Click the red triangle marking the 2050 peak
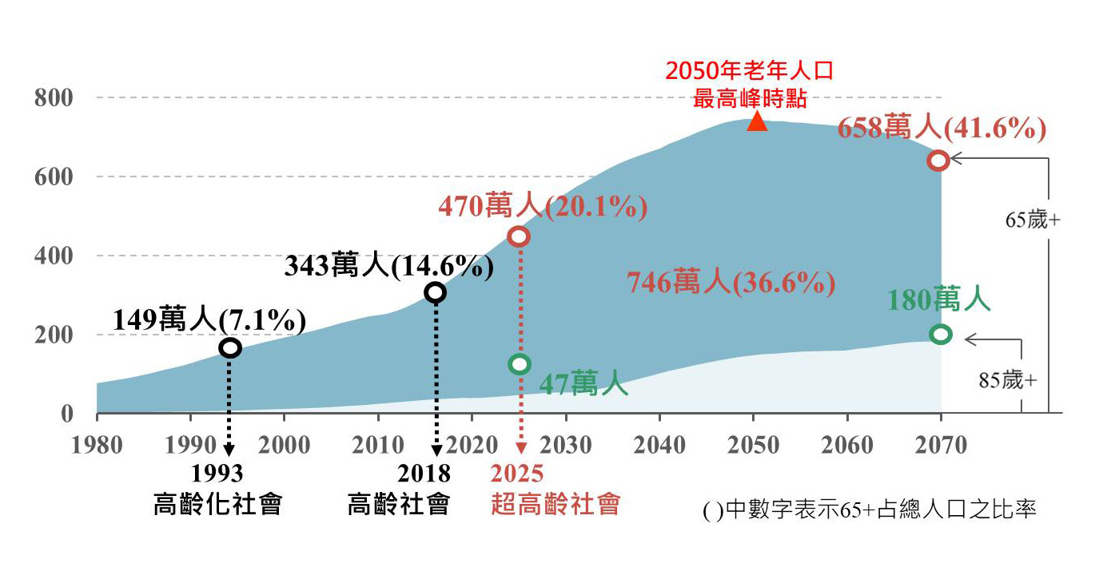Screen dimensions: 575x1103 [x=756, y=122]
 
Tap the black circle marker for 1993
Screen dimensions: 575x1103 [x=230, y=348]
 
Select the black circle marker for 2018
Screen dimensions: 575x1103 [x=435, y=292]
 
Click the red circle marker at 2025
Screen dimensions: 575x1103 [x=520, y=236]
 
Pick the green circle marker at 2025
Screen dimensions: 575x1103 [x=520, y=364]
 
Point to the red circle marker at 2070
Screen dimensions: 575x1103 [x=938, y=161]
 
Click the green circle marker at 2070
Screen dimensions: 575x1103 [x=941, y=334]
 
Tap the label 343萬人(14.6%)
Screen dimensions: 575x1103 [x=388, y=265]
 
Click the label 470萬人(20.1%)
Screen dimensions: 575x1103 [x=543, y=207]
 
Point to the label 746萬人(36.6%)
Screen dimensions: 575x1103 [x=731, y=283]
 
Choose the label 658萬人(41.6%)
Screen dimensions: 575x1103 [x=942, y=128]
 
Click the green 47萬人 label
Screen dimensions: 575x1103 [x=583, y=384]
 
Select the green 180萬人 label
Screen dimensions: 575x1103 [x=939, y=300]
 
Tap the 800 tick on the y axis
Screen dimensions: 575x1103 [x=54, y=98]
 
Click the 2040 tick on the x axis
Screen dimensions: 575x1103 [x=659, y=444]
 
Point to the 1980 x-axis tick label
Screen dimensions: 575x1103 [x=97, y=444]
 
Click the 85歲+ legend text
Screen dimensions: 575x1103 [x=1007, y=381]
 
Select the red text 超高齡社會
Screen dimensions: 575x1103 [x=555, y=505]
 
